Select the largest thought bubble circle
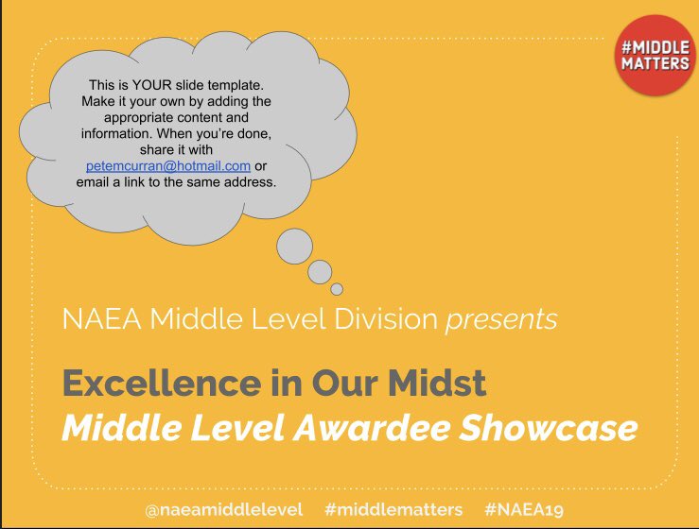pyautogui.click(x=294, y=246)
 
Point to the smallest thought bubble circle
pyautogui.click(x=337, y=289)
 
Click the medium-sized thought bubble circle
pyautogui.click(x=320, y=272)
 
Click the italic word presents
pyautogui.click(x=501, y=319)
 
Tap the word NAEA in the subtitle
pyautogui.click(x=96, y=319)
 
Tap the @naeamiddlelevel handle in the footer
pyautogui.click(x=224, y=509)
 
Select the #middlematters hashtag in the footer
pyautogui.click(x=393, y=509)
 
